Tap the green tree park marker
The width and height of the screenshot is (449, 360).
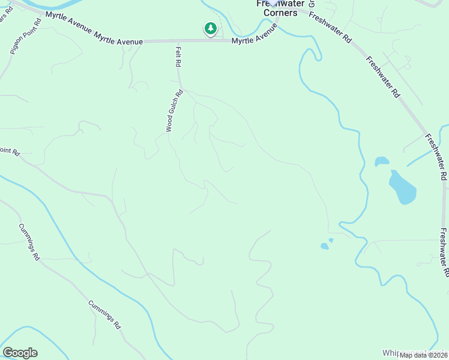pyautogui.click(x=210, y=28)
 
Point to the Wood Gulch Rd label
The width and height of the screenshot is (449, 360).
pyautogui.click(x=174, y=111)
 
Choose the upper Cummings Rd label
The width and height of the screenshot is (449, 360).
pyautogui.click(x=28, y=242)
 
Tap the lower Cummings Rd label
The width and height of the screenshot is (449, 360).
pyautogui.click(x=105, y=315)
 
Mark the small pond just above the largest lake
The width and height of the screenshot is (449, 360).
pyautogui.click(x=382, y=161)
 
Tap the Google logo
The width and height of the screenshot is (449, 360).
pyautogui.click(x=20, y=353)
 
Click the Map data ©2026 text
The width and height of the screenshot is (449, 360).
pyautogui.click(x=423, y=355)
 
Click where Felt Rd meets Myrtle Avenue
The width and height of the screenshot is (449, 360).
pyautogui.click(x=178, y=41)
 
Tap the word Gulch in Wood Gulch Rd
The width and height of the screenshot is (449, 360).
pyautogui.click(x=173, y=112)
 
